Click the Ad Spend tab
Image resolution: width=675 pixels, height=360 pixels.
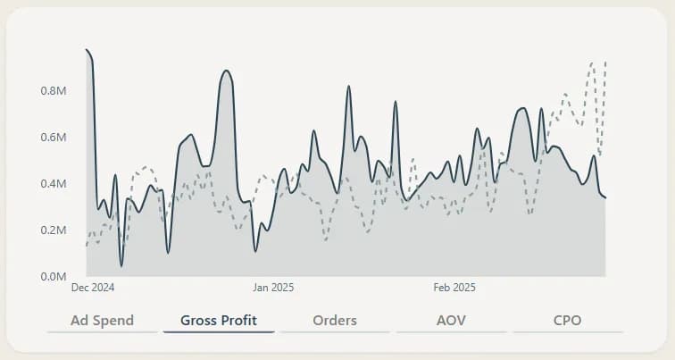102,320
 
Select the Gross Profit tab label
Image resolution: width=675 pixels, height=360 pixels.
219,320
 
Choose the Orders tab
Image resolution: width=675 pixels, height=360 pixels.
335,320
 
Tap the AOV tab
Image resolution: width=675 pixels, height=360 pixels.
451,320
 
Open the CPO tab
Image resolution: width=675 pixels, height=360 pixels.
568,320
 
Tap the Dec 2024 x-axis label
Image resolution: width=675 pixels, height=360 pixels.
93,288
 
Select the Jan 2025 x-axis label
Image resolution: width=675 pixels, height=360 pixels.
273,288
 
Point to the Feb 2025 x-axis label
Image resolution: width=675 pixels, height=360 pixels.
454,288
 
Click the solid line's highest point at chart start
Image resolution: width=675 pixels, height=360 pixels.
87,50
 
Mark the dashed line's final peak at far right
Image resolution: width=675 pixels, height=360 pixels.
605,62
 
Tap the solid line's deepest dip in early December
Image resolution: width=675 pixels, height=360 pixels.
121,265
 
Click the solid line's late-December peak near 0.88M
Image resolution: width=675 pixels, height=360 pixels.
227,71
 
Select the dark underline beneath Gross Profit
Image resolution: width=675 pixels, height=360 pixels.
219,332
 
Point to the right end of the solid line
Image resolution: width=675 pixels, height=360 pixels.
605,197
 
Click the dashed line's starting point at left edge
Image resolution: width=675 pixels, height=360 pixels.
87,245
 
